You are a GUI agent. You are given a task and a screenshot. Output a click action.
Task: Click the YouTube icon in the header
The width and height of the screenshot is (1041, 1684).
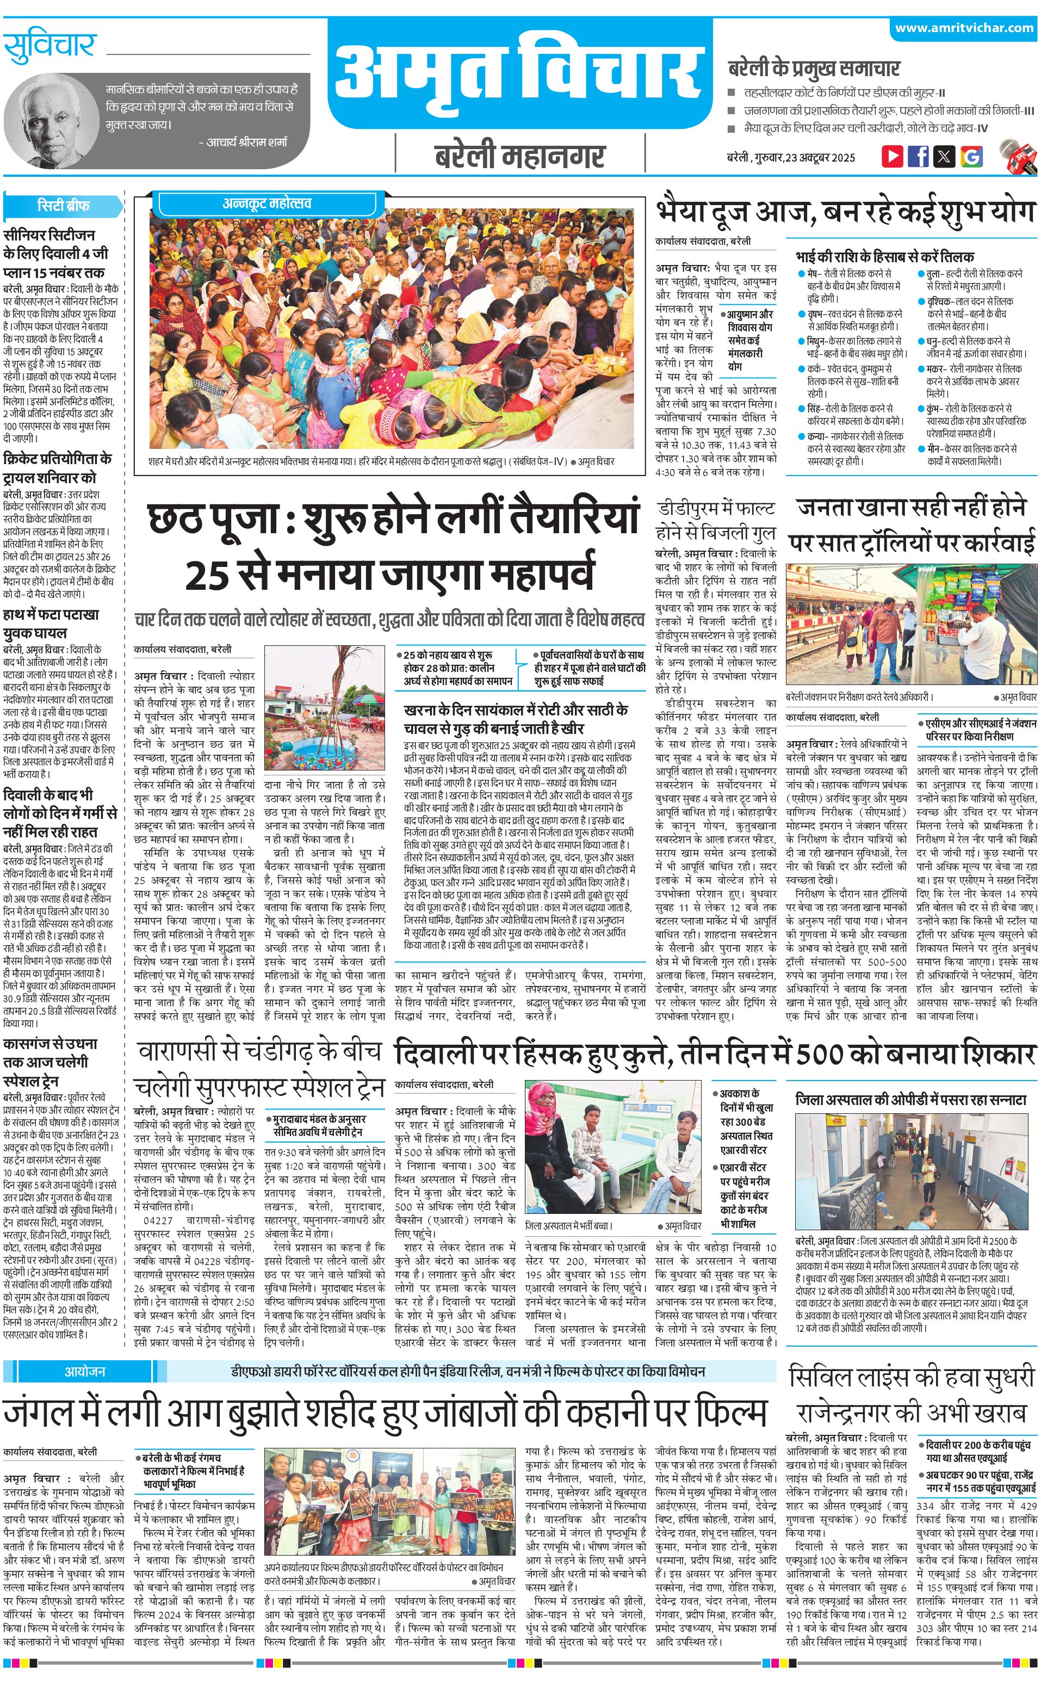point(893,156)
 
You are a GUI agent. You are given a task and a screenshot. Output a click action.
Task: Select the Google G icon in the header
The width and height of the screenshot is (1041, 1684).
point(971,156)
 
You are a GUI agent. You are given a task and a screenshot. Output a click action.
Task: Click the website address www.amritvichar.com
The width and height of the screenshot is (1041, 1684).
point(964,28)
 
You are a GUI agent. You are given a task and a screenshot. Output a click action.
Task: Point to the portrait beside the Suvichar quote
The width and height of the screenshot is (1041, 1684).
point(49,118)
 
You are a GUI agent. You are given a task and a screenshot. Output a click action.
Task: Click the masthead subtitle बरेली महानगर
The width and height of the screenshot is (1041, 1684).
point(520,156)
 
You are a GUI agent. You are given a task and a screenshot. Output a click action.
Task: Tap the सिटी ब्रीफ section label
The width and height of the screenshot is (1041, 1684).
point(63,205)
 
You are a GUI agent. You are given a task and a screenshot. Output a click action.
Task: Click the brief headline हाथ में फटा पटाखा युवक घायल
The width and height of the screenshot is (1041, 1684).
point(51,624)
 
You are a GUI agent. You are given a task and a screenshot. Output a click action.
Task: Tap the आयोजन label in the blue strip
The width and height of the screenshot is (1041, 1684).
point(85,1352)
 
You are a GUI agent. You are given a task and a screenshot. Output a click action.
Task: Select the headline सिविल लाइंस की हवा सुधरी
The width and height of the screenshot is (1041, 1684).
point(912,1359)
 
